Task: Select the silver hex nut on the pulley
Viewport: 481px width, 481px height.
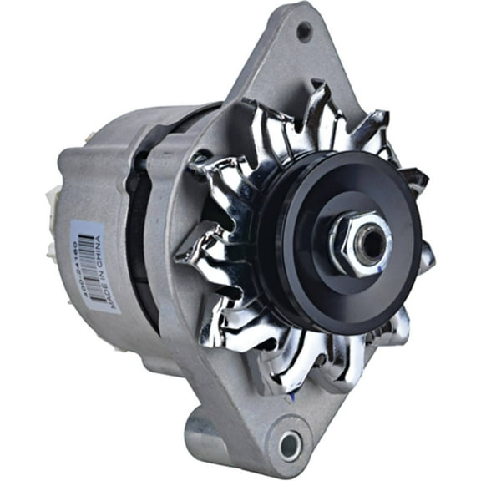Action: click(359, 244)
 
